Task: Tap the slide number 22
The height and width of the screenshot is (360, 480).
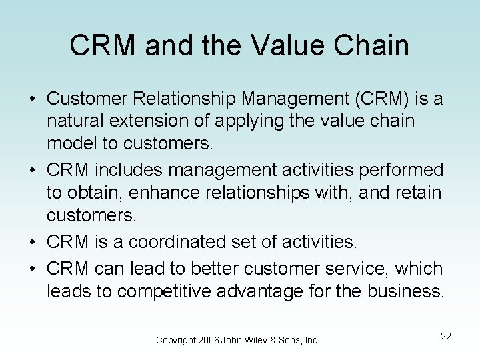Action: (x=446, y=336)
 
